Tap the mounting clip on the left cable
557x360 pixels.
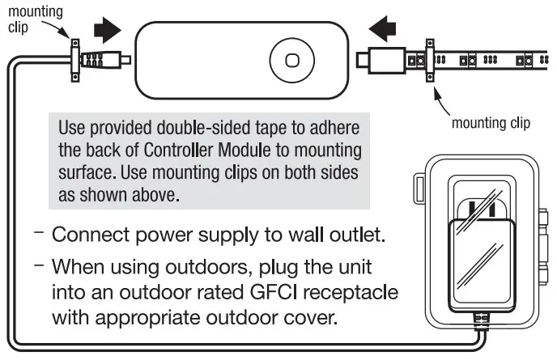tap(74, 60)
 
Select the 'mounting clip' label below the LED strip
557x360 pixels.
tap(490, 123)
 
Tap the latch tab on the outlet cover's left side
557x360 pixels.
tap(418, 189)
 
